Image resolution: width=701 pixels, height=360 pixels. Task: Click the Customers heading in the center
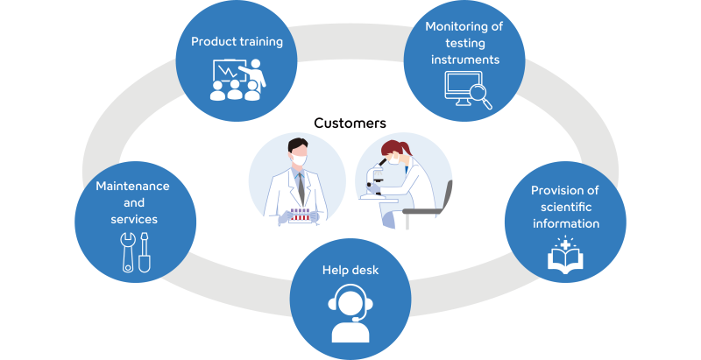point(350,123)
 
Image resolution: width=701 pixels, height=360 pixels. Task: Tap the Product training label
point(237,41)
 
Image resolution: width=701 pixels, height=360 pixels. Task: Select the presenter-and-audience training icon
point(237,80)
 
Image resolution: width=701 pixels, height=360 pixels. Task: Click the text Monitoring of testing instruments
point(464,43)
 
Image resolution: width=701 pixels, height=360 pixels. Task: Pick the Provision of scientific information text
point(565,207)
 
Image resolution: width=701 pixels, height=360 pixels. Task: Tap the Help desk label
point(350,271)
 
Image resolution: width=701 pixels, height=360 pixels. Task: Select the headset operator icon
point(350,314)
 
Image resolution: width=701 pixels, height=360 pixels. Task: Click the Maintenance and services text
point(133,202)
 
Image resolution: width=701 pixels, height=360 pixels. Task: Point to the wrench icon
point(128,252)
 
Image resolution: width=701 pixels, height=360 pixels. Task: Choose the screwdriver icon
point(144,252)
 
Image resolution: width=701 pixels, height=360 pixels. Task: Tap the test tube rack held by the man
point(300,215)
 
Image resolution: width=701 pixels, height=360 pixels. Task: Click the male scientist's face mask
point(299,159)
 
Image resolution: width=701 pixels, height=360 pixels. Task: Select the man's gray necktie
point(301,187)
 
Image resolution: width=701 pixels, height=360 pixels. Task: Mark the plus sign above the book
point(565,244)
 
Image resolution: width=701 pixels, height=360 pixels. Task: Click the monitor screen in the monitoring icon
point(458,85)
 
